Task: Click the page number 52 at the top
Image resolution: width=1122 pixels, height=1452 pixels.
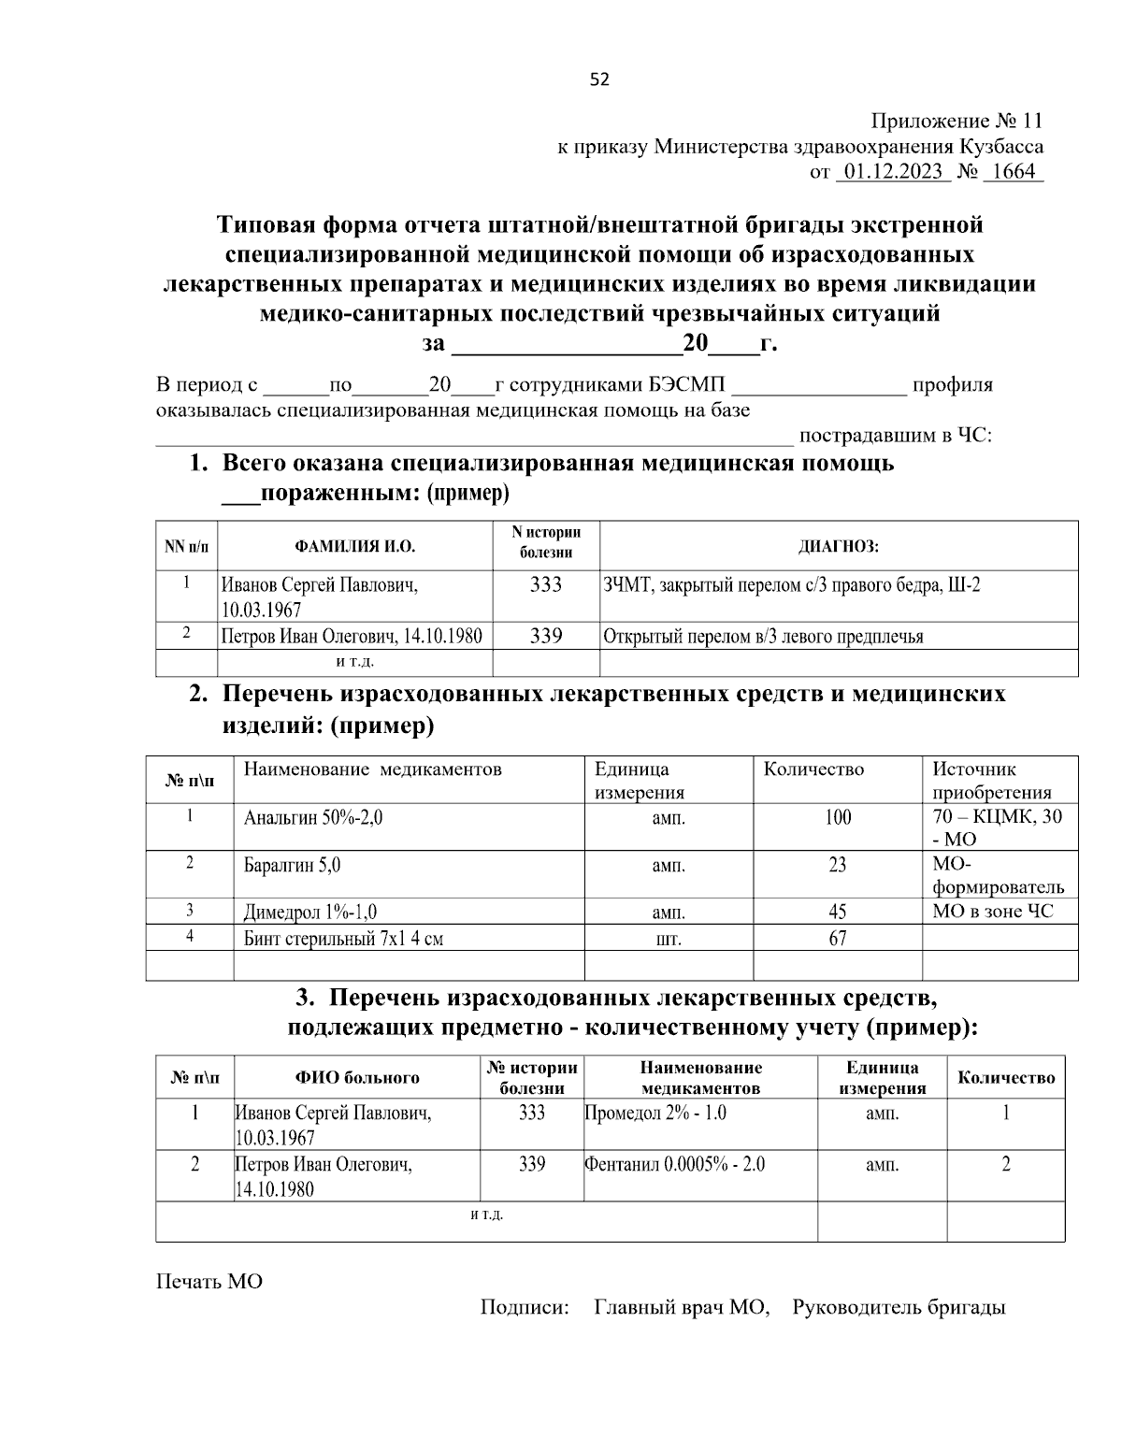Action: point(599,79)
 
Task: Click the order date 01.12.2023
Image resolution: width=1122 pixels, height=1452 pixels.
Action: point(892,172)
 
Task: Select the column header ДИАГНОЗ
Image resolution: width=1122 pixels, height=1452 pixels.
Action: point(838,546)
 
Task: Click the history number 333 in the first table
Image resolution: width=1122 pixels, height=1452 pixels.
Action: point(545,585)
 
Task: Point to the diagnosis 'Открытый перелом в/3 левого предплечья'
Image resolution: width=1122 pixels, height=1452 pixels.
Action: point(763,637)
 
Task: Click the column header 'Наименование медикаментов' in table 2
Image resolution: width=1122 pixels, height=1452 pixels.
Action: point(372,769)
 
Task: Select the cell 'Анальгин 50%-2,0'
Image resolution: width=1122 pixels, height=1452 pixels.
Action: point(313,818)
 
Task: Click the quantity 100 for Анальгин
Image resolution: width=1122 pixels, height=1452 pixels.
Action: point(837,818)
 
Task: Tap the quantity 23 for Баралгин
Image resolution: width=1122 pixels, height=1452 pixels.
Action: point(837,866)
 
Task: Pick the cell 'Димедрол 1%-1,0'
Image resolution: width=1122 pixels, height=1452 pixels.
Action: point(310,913)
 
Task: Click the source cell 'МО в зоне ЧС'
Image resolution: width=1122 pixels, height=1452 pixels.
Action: point(992,911)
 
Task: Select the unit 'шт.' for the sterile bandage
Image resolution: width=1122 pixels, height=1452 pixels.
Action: point(668,940)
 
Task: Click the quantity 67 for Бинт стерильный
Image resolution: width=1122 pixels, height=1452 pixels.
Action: point(837,939)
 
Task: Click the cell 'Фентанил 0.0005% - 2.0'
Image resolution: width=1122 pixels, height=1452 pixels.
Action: point(674,1165)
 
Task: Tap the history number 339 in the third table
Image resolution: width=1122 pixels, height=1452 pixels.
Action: point(531,1165)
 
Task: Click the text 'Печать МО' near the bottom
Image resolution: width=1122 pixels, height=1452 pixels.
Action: point(209,1281)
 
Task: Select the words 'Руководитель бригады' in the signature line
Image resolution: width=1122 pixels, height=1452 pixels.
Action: point(899,1307)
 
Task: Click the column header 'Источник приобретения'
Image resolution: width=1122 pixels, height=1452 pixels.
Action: point(992,781)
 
